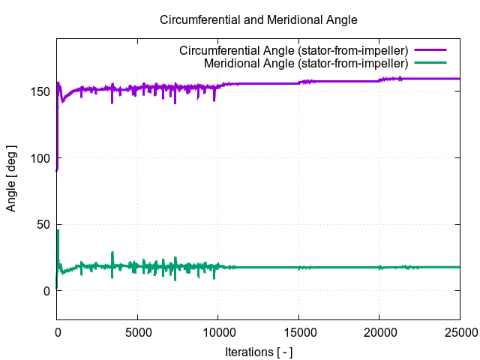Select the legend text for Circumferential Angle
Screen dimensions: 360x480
[x=293, y=51]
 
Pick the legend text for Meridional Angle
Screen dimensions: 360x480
[x=305, y=63]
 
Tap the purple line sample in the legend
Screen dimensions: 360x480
[x=430, y=51]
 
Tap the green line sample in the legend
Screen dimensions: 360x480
[x=430, y=63]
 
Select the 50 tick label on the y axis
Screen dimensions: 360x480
[x=43, y=225]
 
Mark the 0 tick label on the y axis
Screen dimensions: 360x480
[x=46, y=291]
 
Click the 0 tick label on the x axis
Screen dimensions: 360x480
[x=57, y=330]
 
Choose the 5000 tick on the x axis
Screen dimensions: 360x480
[x=137, y=330]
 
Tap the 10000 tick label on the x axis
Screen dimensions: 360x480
[x=217, y=330]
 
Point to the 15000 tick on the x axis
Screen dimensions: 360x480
[x=298, y=330]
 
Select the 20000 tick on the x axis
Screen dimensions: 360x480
[x=379, y=330]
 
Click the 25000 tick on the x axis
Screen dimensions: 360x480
[x=459, y=330]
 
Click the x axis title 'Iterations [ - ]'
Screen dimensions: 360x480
[x=259, y=350]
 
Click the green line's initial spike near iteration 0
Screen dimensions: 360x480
[x=58, y=232]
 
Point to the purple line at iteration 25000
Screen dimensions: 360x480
[x=458, y=79]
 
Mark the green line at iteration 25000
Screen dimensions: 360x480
[x=458, y=267]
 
